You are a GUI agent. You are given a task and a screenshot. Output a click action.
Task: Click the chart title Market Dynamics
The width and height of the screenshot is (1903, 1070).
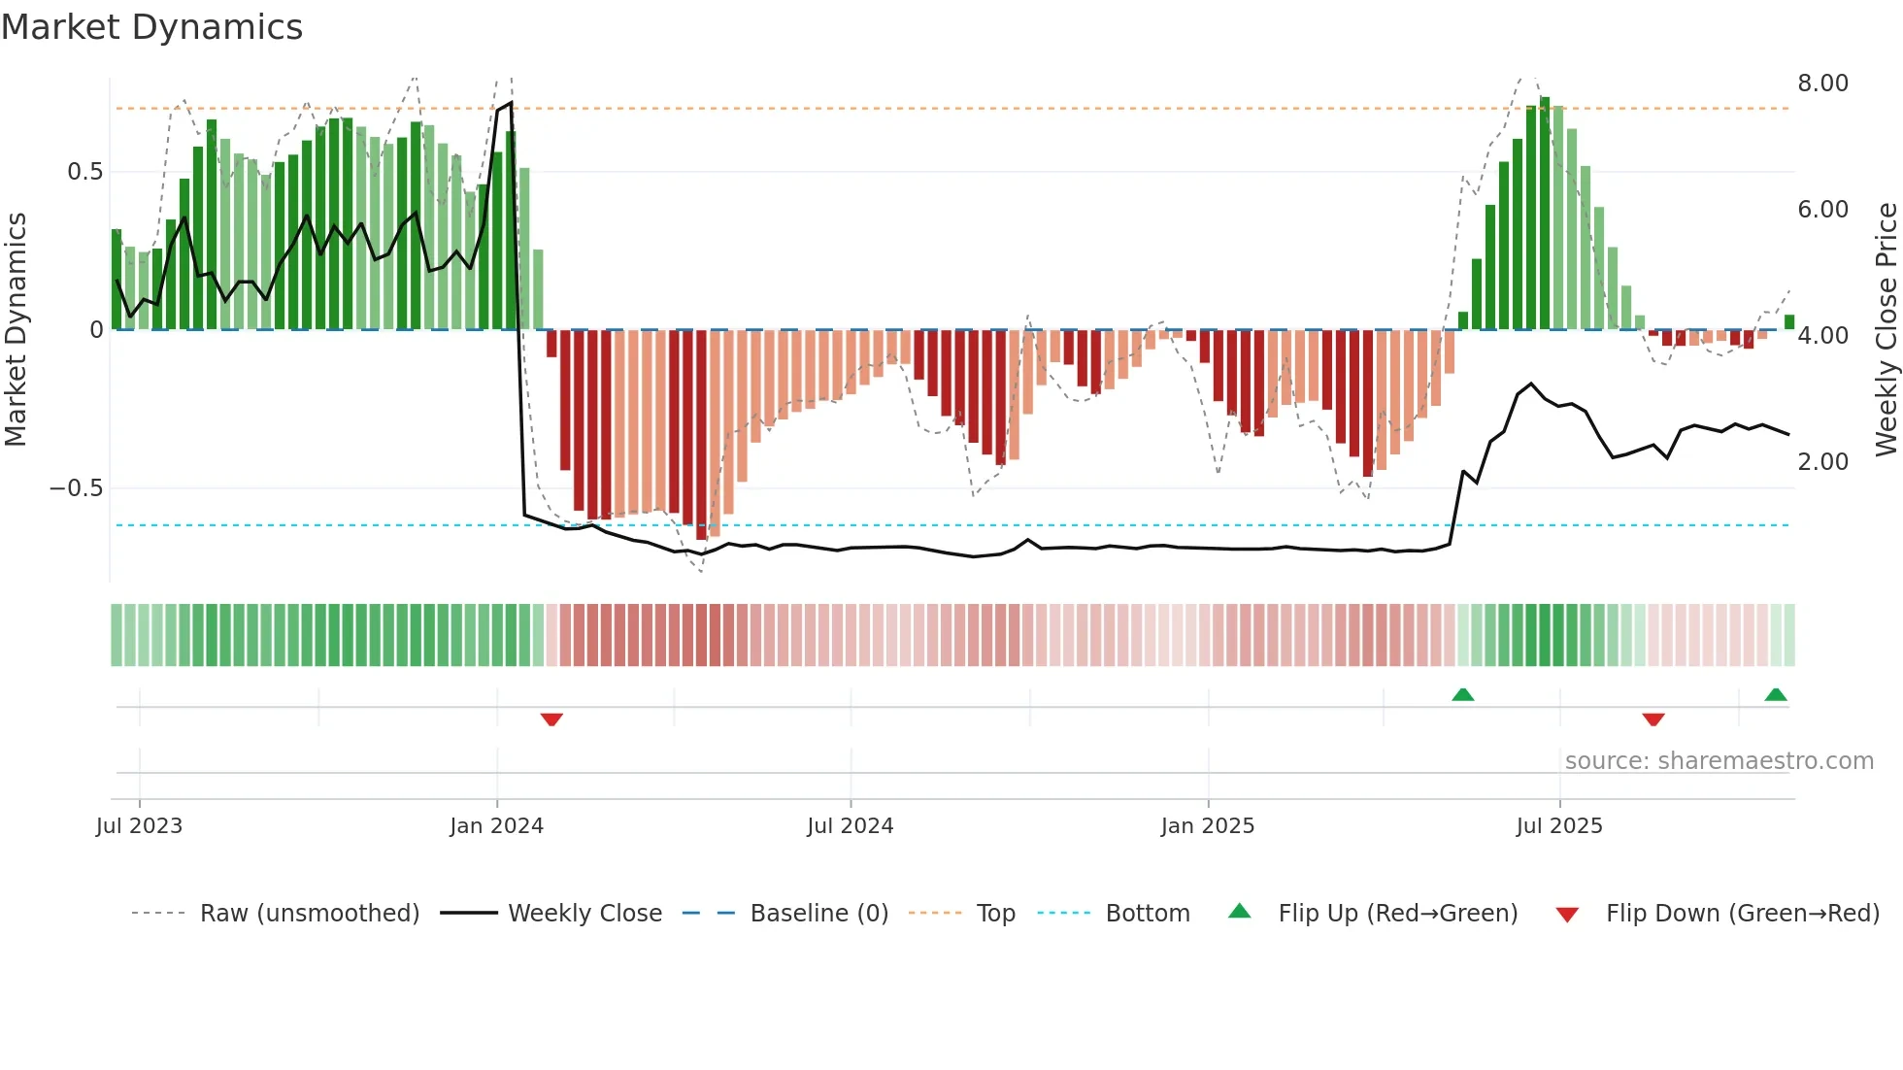pyautogui.click(x=152, y=27)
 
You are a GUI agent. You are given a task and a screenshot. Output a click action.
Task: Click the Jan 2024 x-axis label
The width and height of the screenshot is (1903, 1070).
pyautogui.click(x=496, y=826)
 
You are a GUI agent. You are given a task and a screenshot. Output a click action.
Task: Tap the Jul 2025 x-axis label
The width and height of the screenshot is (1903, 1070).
pyautogui.click(x=1559, y=826)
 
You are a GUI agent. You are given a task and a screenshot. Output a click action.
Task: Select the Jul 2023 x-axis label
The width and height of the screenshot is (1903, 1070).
pyautogui.click(x=139, y=826)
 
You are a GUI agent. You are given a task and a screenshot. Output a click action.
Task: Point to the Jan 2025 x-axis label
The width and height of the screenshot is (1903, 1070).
pyautogui.click(x=1208, y=826)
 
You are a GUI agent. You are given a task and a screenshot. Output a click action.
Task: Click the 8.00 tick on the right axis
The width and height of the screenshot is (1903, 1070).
pyautogui.click(x=1822, y=84)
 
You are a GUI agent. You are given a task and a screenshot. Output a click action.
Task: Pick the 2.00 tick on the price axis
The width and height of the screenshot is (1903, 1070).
pyautogui.click(x=1822, y=462)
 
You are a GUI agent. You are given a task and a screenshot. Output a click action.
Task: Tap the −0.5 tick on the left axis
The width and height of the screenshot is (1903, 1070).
pyautogui.click(x=77, y=488)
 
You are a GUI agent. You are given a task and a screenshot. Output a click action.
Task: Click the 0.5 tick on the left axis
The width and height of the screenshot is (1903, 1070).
pyautogui.click(x=84, y=172)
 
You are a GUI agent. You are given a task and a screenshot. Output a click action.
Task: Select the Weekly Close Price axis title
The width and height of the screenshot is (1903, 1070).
pyautogui.click(x=1886, y=329)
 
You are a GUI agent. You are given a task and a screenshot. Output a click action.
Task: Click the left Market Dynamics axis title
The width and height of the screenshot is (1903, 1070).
pyautogui.click(x=16, y=329)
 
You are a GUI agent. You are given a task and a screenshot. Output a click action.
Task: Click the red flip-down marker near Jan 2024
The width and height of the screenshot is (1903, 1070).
pyautogui.click(x=551, y=719)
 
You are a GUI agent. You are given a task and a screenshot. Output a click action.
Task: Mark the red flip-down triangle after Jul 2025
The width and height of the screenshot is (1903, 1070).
pyautogui.click(x=1653, y=719)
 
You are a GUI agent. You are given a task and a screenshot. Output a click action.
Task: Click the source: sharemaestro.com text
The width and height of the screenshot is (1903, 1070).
pyautogui.click(x=1719, y=761)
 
